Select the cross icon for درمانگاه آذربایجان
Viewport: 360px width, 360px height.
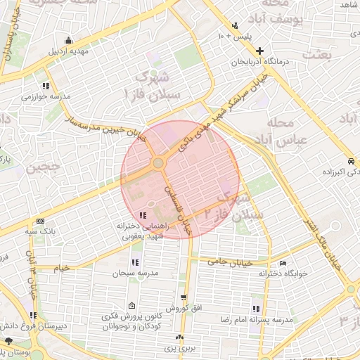pyautogui.click(x=260, y=51)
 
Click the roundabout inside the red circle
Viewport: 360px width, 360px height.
pyautogui.click(x=158, y=163)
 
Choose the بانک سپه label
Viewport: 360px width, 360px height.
pyautogui.click(x=39, y=230)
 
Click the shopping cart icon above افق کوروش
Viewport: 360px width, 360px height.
pyautogui.click(x=184, y=297)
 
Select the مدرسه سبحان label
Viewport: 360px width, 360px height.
pyautogui.click(x=136, y=272)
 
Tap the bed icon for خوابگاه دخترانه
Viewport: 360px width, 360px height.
pyautogui.click(x=283, y=264)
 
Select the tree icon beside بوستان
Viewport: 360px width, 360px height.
pyautogui.click(x=8, y=340)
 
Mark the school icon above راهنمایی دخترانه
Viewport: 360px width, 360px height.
pyautogui.click(x=143, y=215)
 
